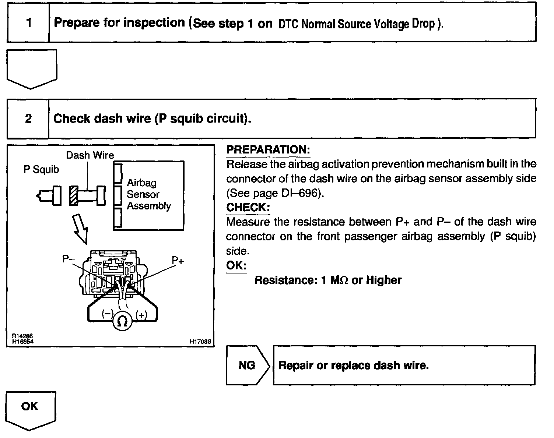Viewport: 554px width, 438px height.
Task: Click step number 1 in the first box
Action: coord(29,23)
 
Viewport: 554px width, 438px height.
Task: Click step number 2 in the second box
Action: coord(28,119)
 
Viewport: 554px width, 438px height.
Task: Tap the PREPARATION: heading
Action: coord(268,150)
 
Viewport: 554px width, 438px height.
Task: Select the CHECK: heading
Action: coord(248,208)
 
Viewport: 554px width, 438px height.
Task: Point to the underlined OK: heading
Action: coord(236,265)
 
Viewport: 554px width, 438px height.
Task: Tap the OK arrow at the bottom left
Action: coord(30,409)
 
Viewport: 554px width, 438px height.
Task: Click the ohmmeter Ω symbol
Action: coord(122,321)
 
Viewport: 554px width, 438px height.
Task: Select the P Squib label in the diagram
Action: coord(41,169)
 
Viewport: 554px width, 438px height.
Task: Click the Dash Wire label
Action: coord(90,155)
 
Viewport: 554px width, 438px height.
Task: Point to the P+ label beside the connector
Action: coord(178,261)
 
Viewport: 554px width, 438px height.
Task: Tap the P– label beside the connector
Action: coord(69,259)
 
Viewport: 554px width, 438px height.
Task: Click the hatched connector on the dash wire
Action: coord(73,195)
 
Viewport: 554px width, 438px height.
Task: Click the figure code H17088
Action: coord(200,342)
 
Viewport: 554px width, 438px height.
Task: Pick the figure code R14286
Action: coord(22,336)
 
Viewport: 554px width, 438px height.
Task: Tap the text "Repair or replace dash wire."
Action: coord(354,365)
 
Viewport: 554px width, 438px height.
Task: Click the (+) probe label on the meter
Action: coord(141,315)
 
